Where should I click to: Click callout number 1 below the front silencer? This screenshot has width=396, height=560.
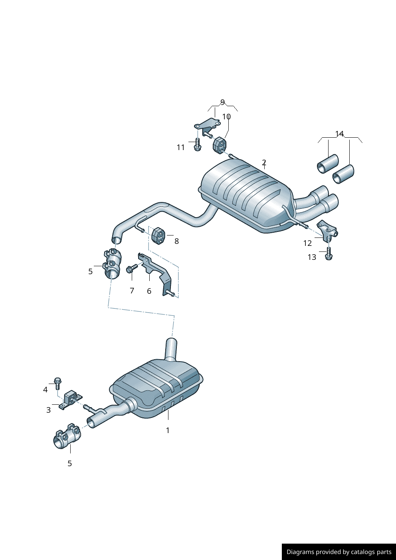168,430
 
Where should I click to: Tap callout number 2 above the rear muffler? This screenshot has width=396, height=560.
264,162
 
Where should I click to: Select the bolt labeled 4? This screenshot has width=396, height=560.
57,382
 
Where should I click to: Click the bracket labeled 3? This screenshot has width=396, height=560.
70,400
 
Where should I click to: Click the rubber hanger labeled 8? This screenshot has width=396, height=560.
158,235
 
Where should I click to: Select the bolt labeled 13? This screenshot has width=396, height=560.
329,253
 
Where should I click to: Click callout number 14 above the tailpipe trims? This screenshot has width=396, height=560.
339,133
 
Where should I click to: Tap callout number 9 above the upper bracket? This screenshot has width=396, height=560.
222,102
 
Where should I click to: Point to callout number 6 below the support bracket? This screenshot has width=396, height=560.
149,291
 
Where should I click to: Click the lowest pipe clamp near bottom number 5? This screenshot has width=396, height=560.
67,437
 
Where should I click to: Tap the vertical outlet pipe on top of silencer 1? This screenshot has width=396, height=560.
171,349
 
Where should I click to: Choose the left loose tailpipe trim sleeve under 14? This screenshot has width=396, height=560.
327,164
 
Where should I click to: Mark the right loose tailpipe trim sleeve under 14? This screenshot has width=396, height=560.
343,174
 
